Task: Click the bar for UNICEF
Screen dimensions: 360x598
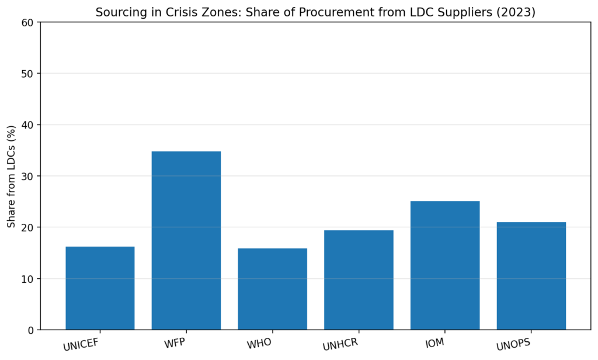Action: [100, 288]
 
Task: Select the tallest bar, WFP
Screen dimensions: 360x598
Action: [186, 240]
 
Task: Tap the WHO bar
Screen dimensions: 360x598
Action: [272, 289]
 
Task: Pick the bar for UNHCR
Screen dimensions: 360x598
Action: [359, 280]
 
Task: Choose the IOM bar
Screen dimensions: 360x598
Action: [445, 265]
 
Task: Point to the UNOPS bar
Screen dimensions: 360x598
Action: [531, 276]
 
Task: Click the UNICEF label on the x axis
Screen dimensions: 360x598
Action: [83, 345]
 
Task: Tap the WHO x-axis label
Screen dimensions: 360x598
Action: [259, 343]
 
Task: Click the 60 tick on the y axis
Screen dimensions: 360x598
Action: [29, 22]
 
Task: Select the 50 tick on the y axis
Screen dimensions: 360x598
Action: [29, 74]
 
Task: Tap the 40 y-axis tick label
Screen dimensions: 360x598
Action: [29, 125]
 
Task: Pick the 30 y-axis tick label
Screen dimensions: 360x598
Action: [29, 176]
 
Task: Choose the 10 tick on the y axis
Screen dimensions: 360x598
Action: [29, 279]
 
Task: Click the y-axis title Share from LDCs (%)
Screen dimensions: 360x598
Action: [11, 176]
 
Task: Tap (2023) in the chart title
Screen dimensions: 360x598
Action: [517, 12]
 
